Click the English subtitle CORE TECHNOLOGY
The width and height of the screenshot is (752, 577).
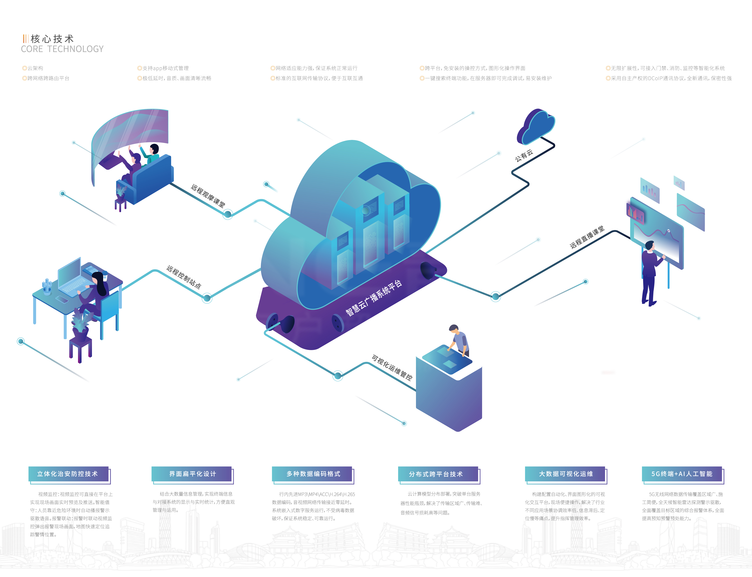(x=62, y=49)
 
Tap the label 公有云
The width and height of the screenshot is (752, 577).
(x=524, y=155)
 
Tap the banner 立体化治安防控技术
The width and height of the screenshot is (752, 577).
(x=68, y=474)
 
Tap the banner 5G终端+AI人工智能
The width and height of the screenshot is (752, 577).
(x=682, y=474)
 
